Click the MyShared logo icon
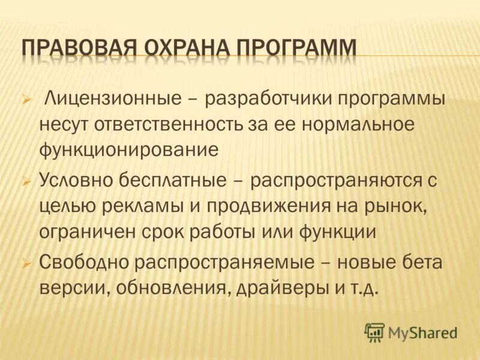point(374,332)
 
